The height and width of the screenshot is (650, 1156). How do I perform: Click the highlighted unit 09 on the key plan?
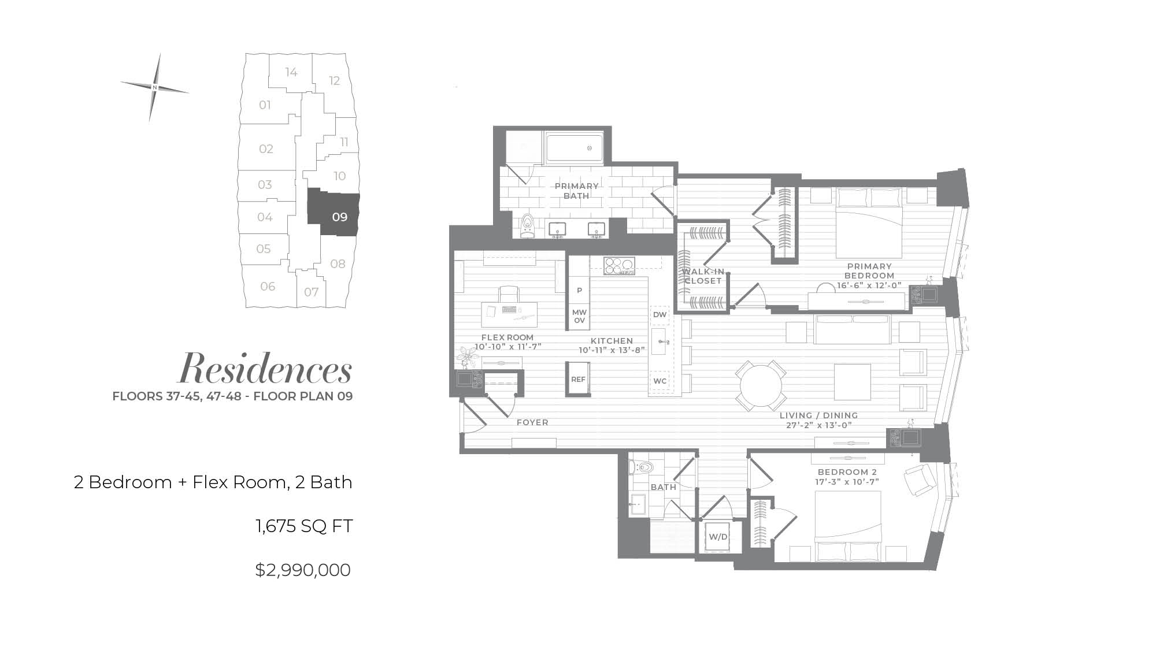(334, 213)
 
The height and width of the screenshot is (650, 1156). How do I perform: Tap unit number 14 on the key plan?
(291, 72)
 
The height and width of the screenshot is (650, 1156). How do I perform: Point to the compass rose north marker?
(155, 87)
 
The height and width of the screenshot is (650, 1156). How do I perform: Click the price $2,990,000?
(303, 570)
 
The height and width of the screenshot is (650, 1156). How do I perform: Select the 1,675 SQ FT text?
(304, 526)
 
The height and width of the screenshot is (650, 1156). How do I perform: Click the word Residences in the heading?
(265, 369)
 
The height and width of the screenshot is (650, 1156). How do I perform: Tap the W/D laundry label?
(718, 537)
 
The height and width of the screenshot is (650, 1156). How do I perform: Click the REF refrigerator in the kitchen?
(578, 379)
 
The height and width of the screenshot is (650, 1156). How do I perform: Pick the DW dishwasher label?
(659, 315)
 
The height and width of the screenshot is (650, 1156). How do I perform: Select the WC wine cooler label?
(659, 381)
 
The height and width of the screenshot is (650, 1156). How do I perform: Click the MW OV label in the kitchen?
(579, 316)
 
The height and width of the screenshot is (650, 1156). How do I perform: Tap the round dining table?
(761, 387)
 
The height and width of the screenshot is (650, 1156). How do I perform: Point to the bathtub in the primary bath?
(575, 148)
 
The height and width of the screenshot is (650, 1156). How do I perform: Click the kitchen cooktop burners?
(619, 266)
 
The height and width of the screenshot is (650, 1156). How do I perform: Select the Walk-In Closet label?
(703, 276)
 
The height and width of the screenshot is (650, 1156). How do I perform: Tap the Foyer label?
(532, 422)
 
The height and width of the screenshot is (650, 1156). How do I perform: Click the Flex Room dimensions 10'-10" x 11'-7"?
(507, 347)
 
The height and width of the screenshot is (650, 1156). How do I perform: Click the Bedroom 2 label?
(847, 472)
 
